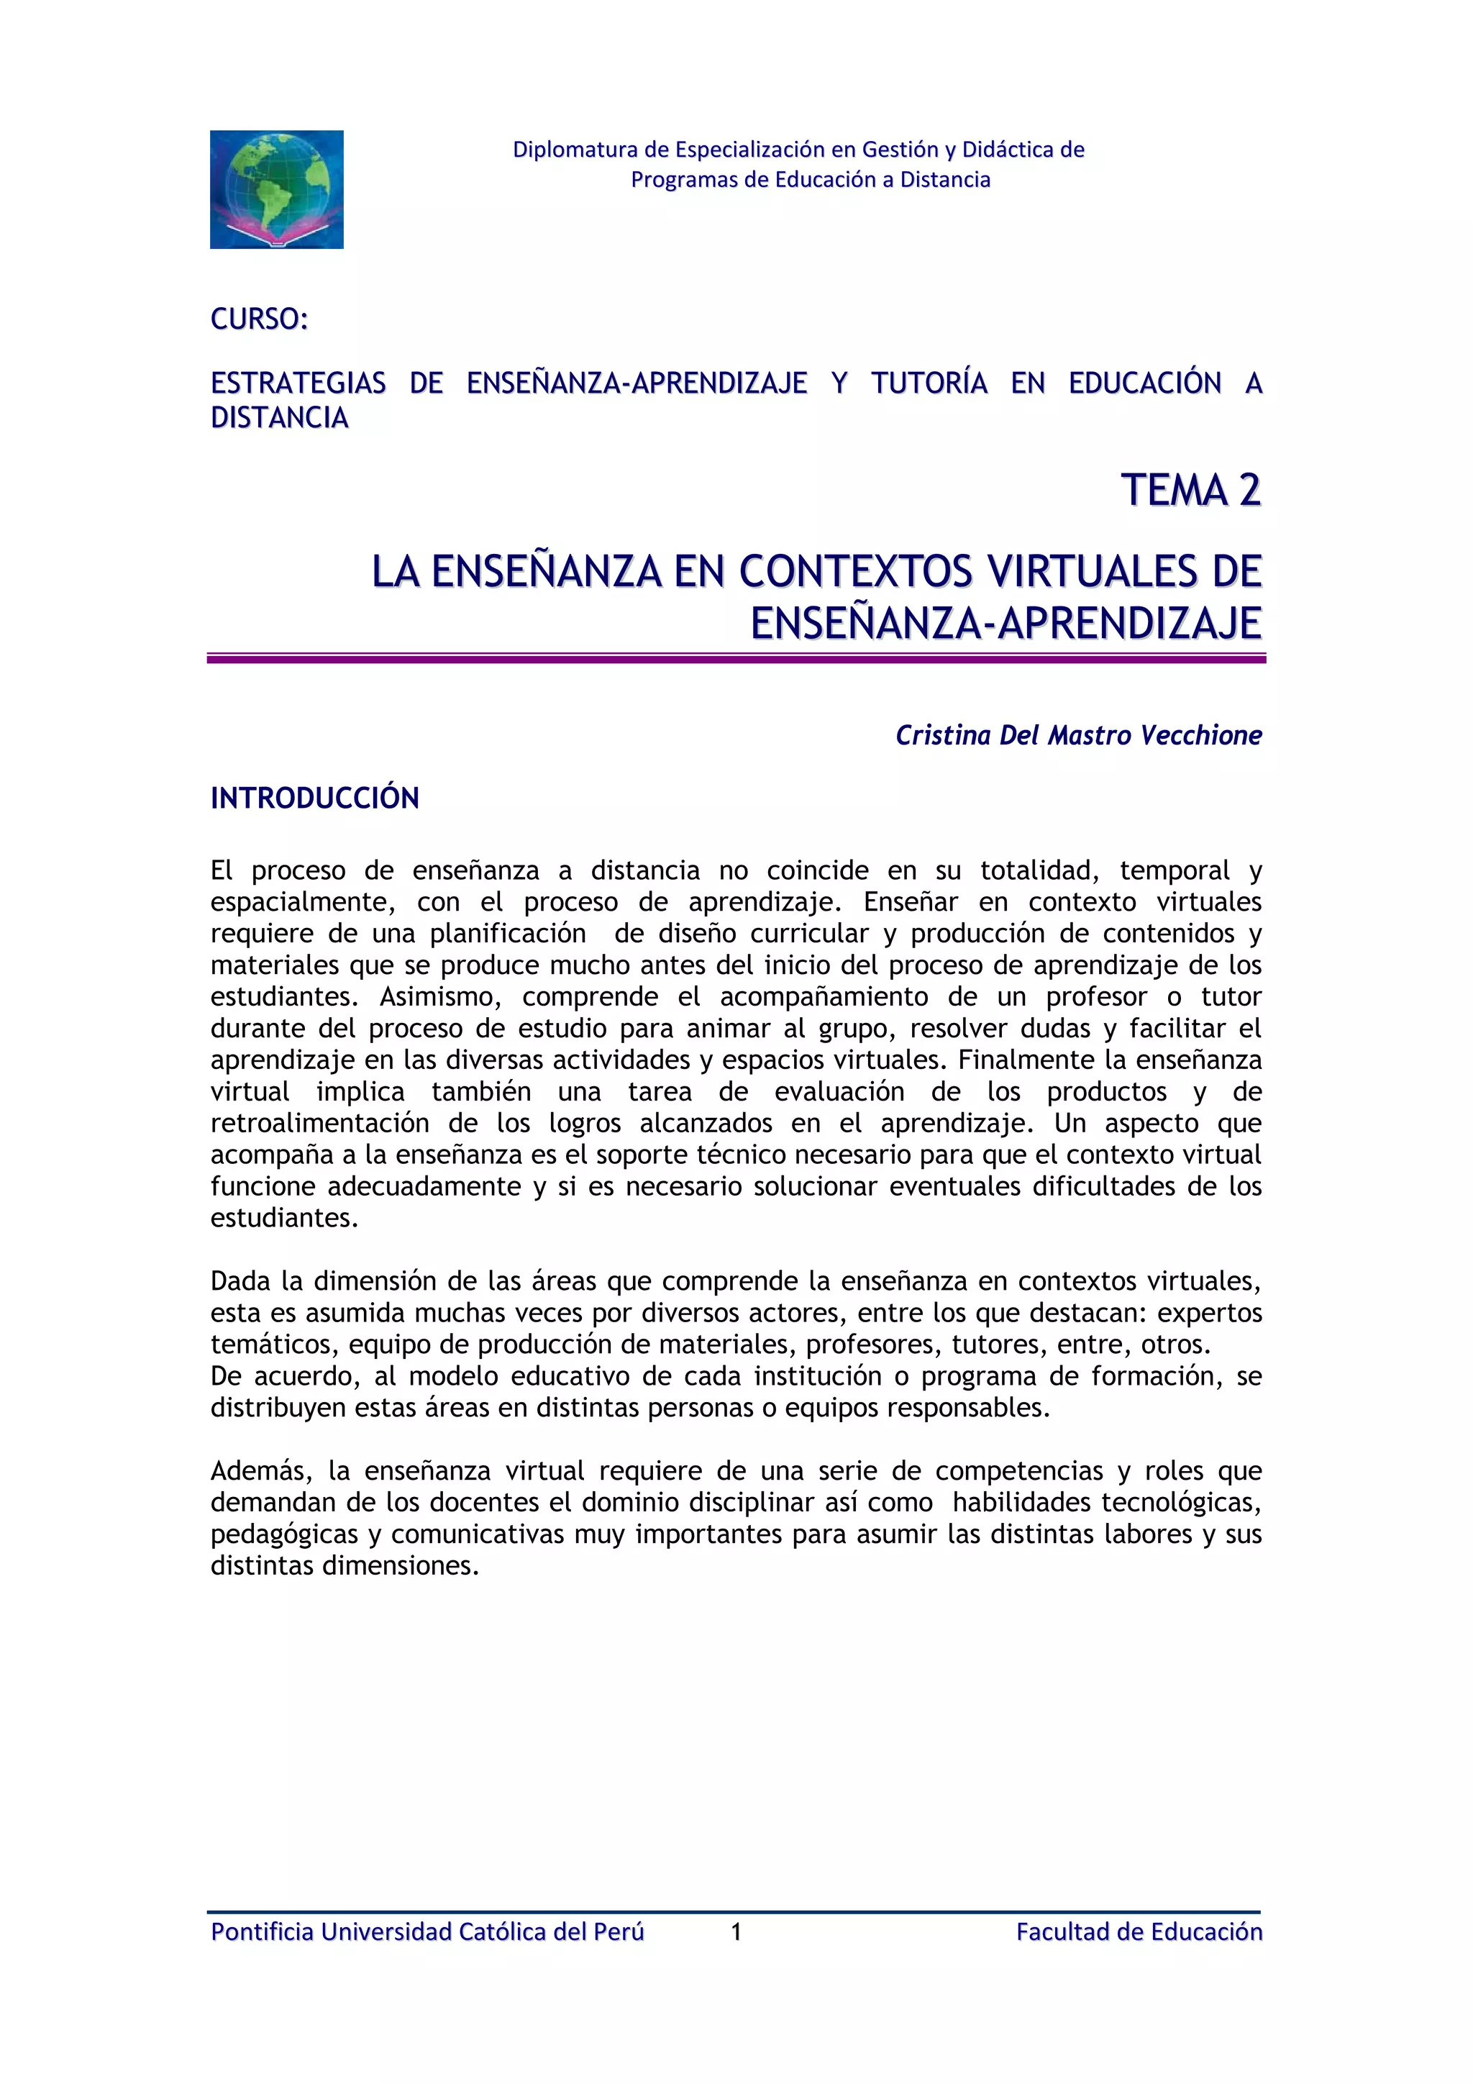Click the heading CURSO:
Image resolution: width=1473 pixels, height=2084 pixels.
pos(260,319)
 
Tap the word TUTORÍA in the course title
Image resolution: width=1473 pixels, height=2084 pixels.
pos(929,383)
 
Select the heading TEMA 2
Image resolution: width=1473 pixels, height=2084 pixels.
pos(1191,490)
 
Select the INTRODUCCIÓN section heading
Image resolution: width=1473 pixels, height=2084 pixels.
pos(315,798)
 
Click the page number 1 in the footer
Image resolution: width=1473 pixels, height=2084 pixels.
pos(736,1931)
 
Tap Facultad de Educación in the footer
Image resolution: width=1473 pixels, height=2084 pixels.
pos(1139,1931)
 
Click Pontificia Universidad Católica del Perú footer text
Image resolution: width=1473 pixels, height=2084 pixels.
pos(427,1931)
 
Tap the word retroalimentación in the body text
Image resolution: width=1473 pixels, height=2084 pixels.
pos(319,1123)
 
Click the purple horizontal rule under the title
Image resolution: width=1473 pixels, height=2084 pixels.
pos(736,659)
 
